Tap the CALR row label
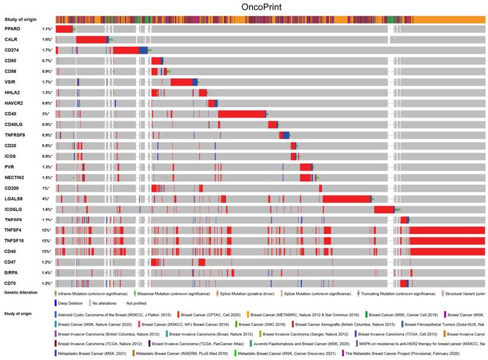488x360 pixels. click(x=11, y=39)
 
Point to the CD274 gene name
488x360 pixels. click(x=12, y=50)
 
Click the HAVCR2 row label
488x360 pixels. click(x=14, y=103)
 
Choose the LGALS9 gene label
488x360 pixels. click(x=14, y=199)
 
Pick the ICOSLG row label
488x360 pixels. click(x=14, y=209)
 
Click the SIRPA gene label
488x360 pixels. click(x=13, y=273)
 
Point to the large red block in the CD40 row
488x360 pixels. click(x=242, y=114)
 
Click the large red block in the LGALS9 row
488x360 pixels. click(x=347, y=199)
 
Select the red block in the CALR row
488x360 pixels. click(x=91, y=39)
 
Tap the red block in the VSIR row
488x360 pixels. click(x=181, y=82)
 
